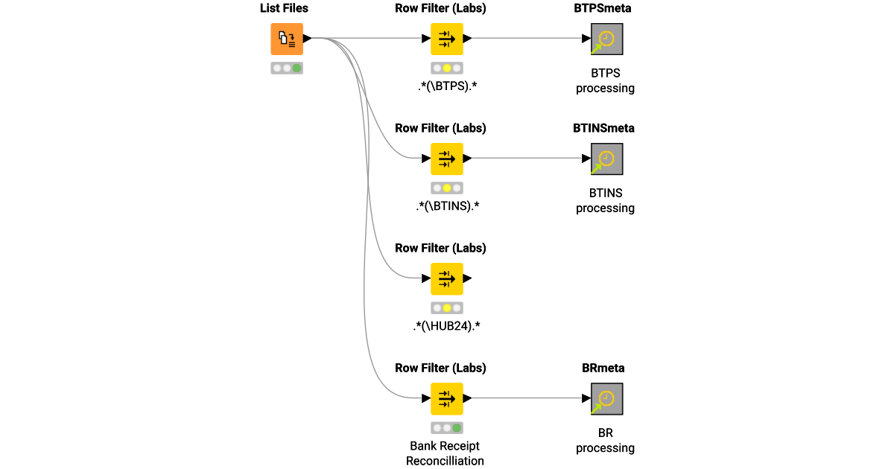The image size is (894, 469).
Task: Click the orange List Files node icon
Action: pyautogui.click(x=287, y=39)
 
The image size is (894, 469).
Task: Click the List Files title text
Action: pyautogui.click(x=284, y=8)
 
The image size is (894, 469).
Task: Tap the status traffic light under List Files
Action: pyautogui.click(x=287, y=68)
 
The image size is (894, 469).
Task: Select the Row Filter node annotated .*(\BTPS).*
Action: pyautogui.click(x=447, y=39)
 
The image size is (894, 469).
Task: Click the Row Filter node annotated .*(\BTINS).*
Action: pyautogui.click(x=447, y=159)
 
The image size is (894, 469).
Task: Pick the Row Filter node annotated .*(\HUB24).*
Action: pyautogui.click(x=447, y=278)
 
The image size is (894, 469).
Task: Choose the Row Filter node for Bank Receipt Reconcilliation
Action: pyautogui.click(x=447, y=398)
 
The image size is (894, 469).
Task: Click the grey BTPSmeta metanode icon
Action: pyautogui.click(x=606, y=39)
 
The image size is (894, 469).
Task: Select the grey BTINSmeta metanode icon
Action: pyautogui.click(x=606, y=159)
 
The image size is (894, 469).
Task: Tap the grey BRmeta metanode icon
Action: pyautogui.click(x=606, y=398)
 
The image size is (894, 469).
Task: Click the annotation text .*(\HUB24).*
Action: pyautogui.click(x=447, y=326)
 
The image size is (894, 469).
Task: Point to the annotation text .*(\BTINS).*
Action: pyautogui.click(x=447, y=206)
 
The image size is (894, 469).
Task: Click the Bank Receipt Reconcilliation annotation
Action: pyautogui.click(x=445, y=453)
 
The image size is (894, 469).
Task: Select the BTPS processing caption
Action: pyautogui.click(x=605, y=80)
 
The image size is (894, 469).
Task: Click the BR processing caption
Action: pyautogui.click(x=605, y=440)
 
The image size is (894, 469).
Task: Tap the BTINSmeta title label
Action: pyautogui.click(x=603, y=128)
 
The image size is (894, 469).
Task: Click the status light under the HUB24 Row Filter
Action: pyautogui.click(x=447, y=307)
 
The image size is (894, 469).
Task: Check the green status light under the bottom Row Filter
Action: pyautogui.click(x=457, y=427)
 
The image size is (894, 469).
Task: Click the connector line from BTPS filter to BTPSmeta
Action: pyautogui.click(x=525, y=39)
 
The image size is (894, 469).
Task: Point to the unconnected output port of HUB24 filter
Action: pyautogui.click(x=468, y=278)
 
